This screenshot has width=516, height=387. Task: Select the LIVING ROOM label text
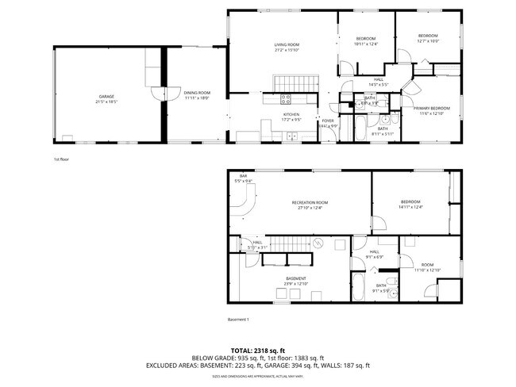point(287,44)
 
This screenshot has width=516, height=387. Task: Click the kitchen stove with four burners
point(286,100)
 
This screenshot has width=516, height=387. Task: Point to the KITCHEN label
point(292,114)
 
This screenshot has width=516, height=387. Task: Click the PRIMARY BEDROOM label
point(430,108)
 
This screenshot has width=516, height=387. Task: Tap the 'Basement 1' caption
point(238,320)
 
